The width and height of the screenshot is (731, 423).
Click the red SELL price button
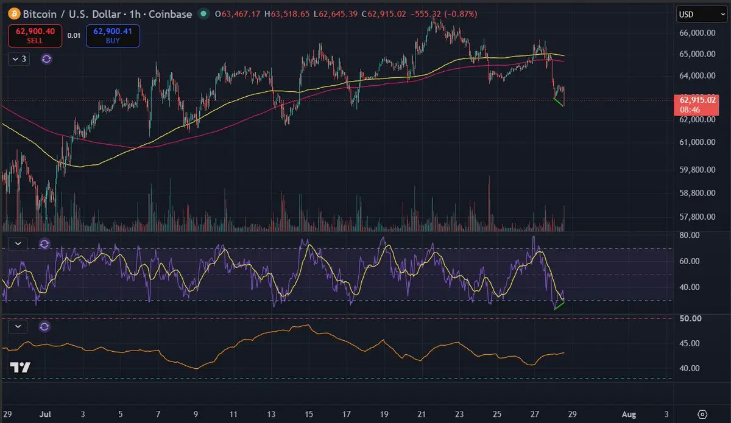point(35,36)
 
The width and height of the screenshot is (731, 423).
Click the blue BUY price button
point(113,36)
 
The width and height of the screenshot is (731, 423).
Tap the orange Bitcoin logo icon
point(14,14)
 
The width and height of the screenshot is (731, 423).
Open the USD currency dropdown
point(702,15)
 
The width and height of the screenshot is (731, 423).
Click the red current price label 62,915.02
point(696,105)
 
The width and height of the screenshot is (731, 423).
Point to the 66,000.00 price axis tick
point(697,33)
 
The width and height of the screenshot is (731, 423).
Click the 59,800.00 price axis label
point(697,170)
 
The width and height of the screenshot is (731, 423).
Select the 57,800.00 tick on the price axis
point(697,217)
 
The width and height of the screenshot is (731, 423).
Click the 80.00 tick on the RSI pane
point(689,235)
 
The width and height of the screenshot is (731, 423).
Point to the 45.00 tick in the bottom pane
point(689,343)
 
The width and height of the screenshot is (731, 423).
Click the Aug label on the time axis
point(629,414)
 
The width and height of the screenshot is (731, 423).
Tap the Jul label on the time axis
point(45,414)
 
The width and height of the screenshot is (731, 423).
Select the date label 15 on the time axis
point(309,414)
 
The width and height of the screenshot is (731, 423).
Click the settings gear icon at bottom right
point(702,414)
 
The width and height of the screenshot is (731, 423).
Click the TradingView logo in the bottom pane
point(20,368)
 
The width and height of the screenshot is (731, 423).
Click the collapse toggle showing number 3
point(19,59)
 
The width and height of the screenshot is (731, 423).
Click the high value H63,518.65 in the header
point(287,14)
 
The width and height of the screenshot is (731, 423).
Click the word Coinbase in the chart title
point(171,14)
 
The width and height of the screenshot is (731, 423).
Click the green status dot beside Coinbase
point(203,14)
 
